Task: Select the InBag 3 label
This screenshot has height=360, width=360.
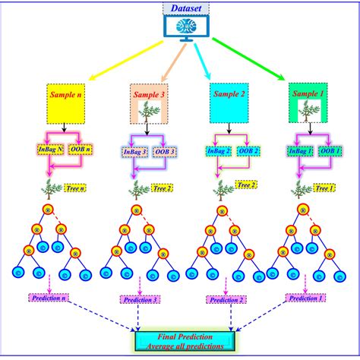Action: coord(135,150)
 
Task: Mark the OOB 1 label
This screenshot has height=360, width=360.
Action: coord(330,150)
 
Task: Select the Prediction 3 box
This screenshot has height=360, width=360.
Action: coord(133,300)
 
